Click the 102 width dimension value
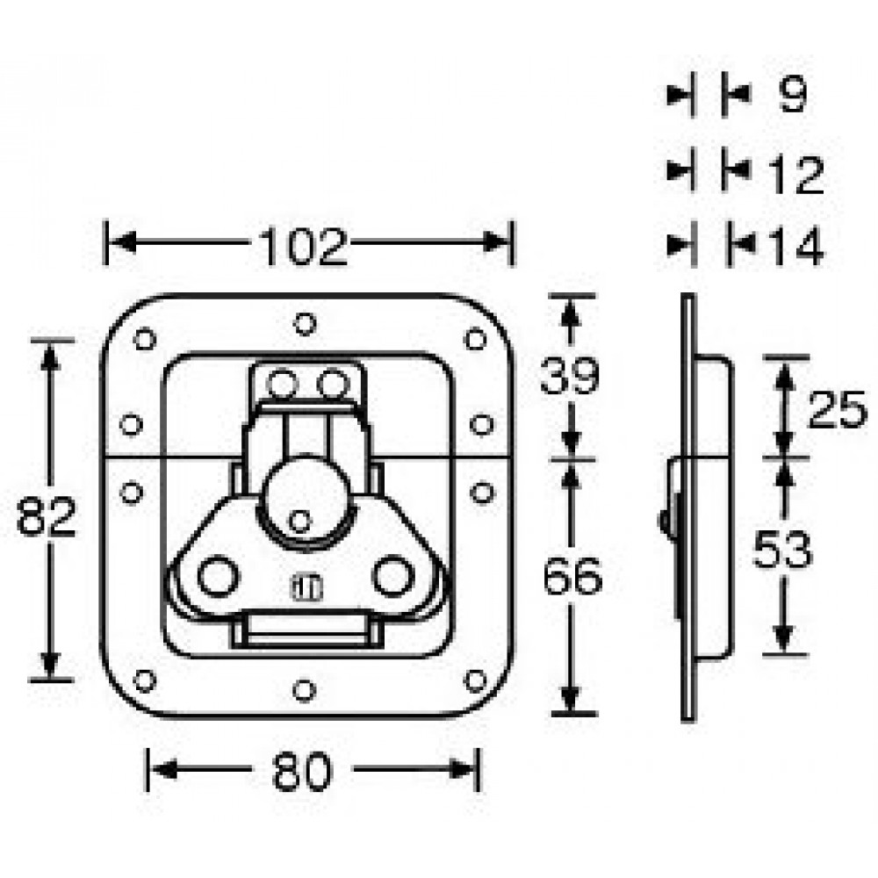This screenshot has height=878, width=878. click(305, 247)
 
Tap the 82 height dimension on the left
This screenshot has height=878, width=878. click(46, 517)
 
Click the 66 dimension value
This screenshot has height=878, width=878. click(572, 575)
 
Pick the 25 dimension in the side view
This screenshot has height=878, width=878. click(837, 409)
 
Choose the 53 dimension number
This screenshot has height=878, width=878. click(782, 550)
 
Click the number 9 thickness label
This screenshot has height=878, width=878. click(793, 95)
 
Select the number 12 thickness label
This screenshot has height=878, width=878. click(796, 175)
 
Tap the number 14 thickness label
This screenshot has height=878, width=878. click(796, 246)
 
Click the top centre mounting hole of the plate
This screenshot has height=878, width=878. click(305, 324)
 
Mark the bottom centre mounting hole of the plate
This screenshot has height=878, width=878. click(304, 690)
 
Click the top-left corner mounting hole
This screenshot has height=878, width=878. click(145, 339)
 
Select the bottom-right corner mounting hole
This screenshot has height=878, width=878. click(475, 680)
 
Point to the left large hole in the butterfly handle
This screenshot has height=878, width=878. click(219, 576)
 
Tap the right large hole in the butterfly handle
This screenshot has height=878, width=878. click(393, 576)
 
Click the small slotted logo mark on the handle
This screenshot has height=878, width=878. click(306, 588)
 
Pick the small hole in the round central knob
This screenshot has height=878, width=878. click(299, 522)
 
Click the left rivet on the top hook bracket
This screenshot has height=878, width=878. click(281, 385)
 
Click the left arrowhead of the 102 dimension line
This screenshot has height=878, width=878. click(123, 242)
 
